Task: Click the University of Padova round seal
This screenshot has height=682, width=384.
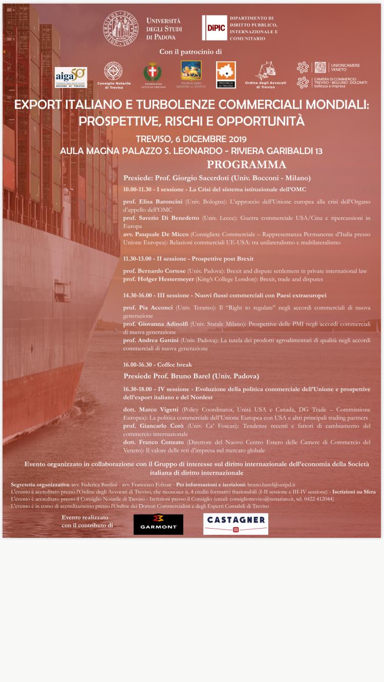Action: pyautogui.click(x=120, y=28)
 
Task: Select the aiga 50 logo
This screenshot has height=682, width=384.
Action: pyautogui.click(x=71, y=77)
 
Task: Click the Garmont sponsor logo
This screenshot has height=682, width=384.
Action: pyautogui.click(x=158, y=524)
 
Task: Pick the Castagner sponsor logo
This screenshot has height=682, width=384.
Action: pyautogui.click(x=236, y=524)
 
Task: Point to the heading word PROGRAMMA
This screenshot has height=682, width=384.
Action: pyautogui.click(x=246, y=165)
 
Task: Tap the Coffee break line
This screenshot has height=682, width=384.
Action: pyautogui.click(x=157, y=365)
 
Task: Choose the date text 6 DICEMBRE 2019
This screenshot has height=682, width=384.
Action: pyautogui.click(x=210, y=139)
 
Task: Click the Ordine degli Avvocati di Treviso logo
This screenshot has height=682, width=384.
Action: pyautogui.click(x=266, y=75)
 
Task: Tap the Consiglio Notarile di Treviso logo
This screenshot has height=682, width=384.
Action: pyautogui.click(x=114, y=74)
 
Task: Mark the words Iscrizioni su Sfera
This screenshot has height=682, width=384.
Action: pyautogui.click(x=354, y=492)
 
